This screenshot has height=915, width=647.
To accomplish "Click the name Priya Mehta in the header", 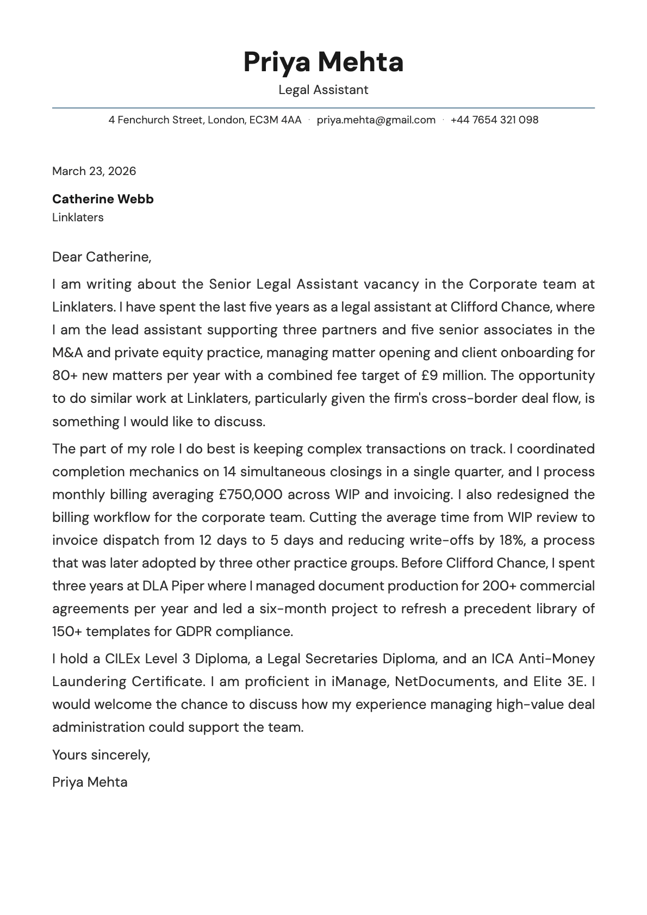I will [323, 61].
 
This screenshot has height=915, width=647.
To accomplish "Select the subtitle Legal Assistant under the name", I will [323, 90].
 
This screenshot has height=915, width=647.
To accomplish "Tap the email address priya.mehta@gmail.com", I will [376, 120].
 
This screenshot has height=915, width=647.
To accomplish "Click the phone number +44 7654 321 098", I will [494, 120].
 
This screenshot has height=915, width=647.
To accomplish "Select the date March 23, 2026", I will [94, 171].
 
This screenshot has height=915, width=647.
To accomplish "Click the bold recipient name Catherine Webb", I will [103, 199].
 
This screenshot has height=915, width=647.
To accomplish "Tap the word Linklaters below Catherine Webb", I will [78, 217].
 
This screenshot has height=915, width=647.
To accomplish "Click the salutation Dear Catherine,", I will [102, 257].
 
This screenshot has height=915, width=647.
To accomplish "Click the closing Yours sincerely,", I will [101, 755].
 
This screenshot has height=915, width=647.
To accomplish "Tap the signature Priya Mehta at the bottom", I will [90, 782].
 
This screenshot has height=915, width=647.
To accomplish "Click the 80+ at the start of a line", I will [65, 376].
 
